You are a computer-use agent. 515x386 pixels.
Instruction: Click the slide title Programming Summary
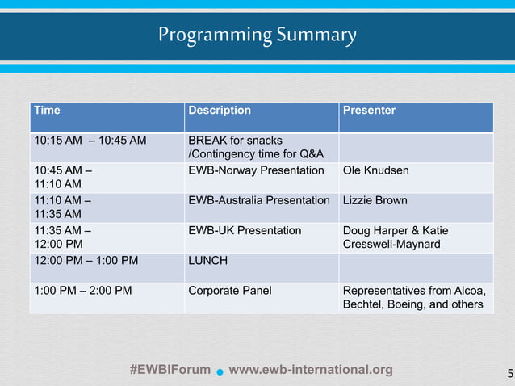click(x=257, y=36)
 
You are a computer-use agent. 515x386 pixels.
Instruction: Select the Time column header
click(x=47, y=111)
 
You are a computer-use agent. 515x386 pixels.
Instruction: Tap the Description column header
click(x=220, y=111)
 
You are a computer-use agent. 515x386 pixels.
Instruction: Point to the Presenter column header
click(x=369, y=111)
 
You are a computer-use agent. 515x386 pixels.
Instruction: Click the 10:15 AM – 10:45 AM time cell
click(x=90, y=141)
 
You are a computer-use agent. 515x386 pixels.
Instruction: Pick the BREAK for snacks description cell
click(x=255, y=147)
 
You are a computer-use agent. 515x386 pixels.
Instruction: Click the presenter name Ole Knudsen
click(x=376, y=170)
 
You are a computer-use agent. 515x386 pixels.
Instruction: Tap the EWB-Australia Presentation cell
click(x=259, y=200)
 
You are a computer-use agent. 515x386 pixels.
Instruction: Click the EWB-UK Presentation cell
click(x=245, y=230)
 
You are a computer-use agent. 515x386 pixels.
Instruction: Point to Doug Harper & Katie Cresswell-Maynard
click(x=396, y=237)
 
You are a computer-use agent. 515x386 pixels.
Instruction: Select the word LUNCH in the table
click(x=207, y=261)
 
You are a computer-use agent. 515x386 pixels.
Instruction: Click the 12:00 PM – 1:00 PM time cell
click(x=86, y=261)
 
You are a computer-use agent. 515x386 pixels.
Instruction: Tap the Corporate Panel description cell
click(x=229, y=291)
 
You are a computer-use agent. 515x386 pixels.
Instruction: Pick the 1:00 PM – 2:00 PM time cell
click(x=82, y=291)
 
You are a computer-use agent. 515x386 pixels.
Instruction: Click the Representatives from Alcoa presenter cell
click(x=415, y=297)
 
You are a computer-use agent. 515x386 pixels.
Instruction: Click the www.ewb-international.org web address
click(x=311, y=370)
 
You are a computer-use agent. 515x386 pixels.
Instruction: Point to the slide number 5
click(x=509, y=373)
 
